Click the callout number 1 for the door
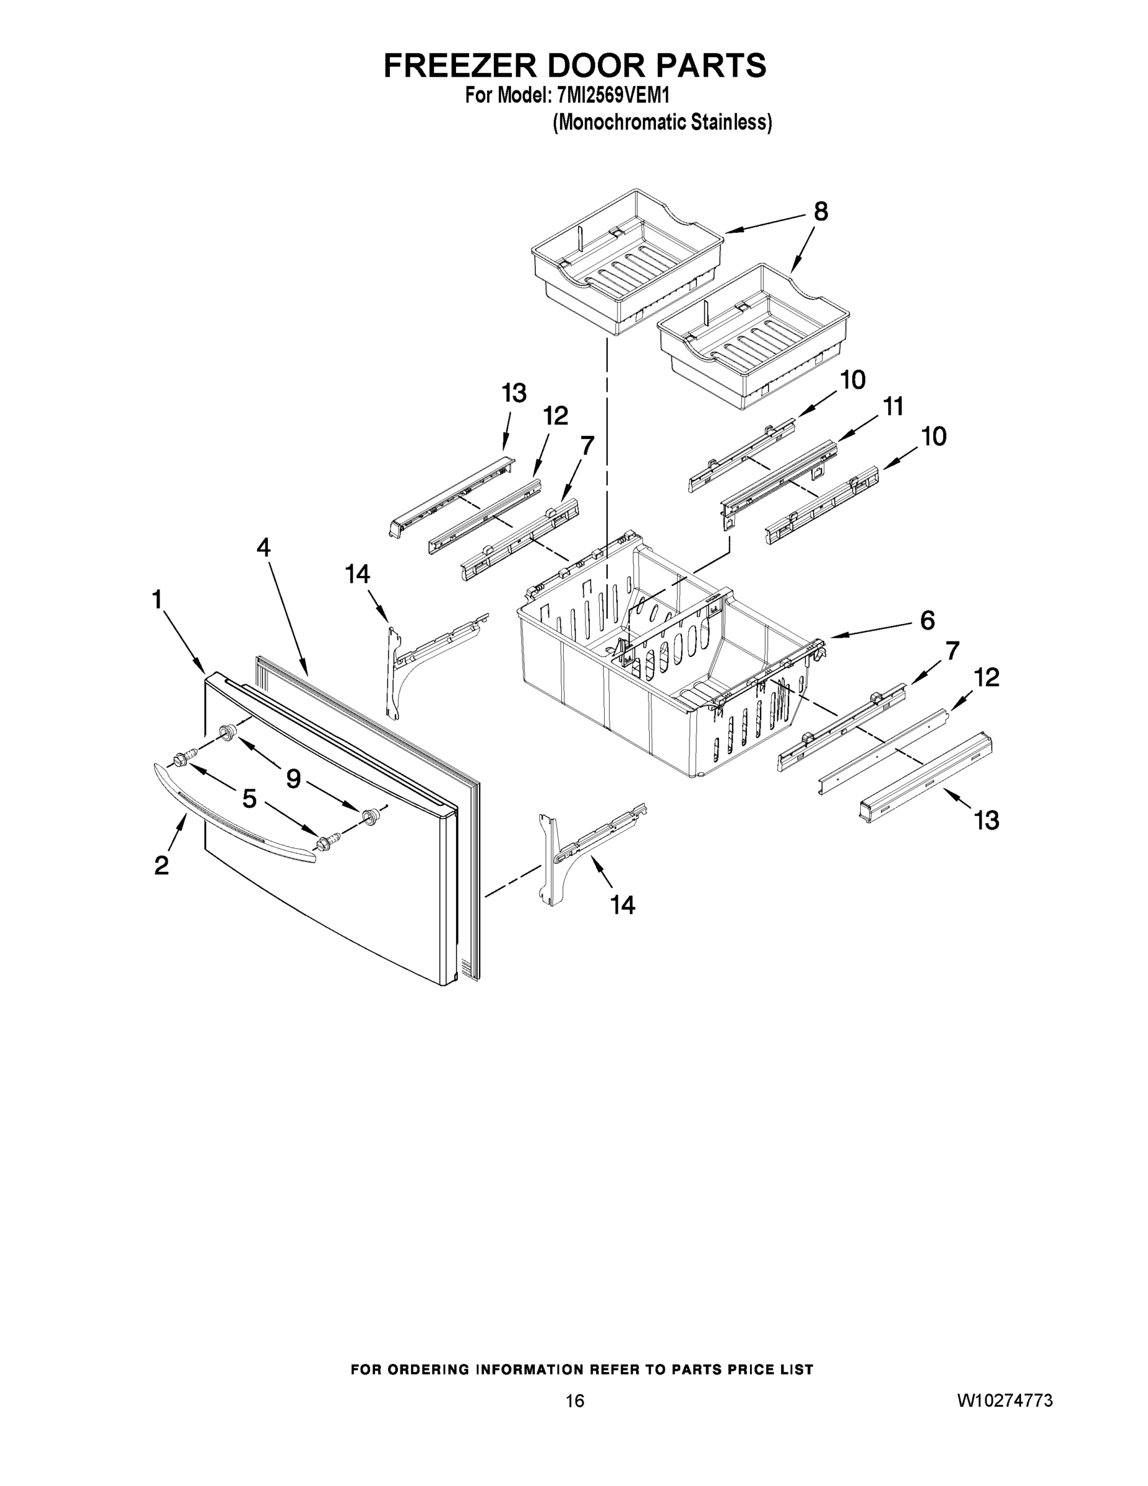[x=157, y=600]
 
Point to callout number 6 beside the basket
[x=928, y=620]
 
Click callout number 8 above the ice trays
[x=821, y=212]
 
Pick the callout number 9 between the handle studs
[x=293, y=778]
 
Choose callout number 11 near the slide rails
[x=893, y=406]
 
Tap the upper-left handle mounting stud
[x=227, y=732]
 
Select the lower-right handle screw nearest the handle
[x=322, y=845]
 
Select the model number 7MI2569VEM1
[x=613, y=96]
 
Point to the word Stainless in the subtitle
[x=730, y=123]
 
